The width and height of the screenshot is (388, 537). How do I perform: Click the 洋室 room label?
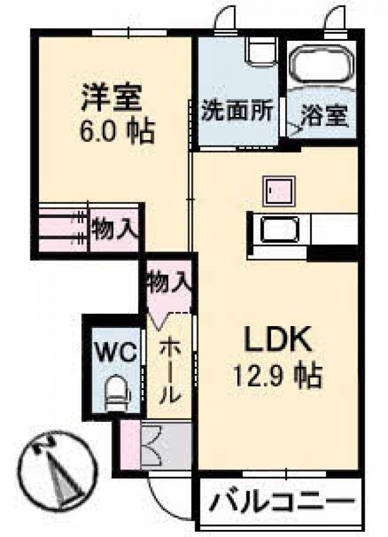111,98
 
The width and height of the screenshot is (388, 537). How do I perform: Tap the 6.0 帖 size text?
117,131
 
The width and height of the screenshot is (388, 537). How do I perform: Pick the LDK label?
277,339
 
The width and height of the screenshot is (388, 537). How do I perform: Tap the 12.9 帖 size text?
278,375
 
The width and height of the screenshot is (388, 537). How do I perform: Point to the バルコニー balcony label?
281,503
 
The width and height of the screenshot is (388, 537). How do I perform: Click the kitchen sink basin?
280,230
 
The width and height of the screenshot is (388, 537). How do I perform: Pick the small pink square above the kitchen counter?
279,191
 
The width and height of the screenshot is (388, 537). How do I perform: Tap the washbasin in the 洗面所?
263,51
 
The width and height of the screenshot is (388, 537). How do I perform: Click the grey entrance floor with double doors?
166,446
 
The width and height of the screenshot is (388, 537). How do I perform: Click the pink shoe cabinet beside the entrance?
131,444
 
